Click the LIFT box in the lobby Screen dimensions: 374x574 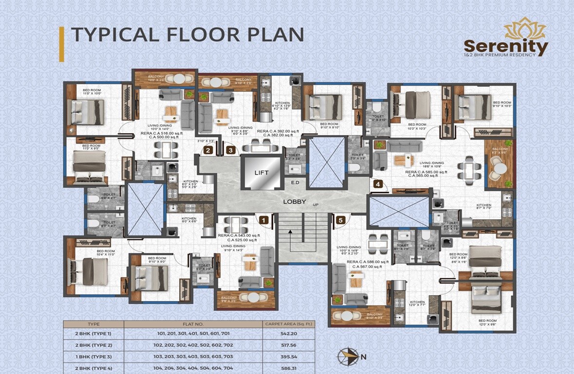pyautogui.click(x=261, y=173)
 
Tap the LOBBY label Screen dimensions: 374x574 pyautogui.click(x=295, y=202)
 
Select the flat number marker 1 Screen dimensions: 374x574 pyautogui.click(x=263, y=221)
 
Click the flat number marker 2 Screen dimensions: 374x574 pyautogui.click(x=208, y=150)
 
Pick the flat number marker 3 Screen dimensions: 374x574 pyautogui.click(x=230, y=150)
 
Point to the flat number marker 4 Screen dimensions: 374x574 pyautogui.click(x=377, y=184)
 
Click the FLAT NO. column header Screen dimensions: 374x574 pyautogui.click(x=193, y=323)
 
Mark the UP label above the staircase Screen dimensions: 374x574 pyautogui.click(x=315, y=205)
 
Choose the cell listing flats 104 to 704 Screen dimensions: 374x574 pyautogui.click(x=193, y=368)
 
